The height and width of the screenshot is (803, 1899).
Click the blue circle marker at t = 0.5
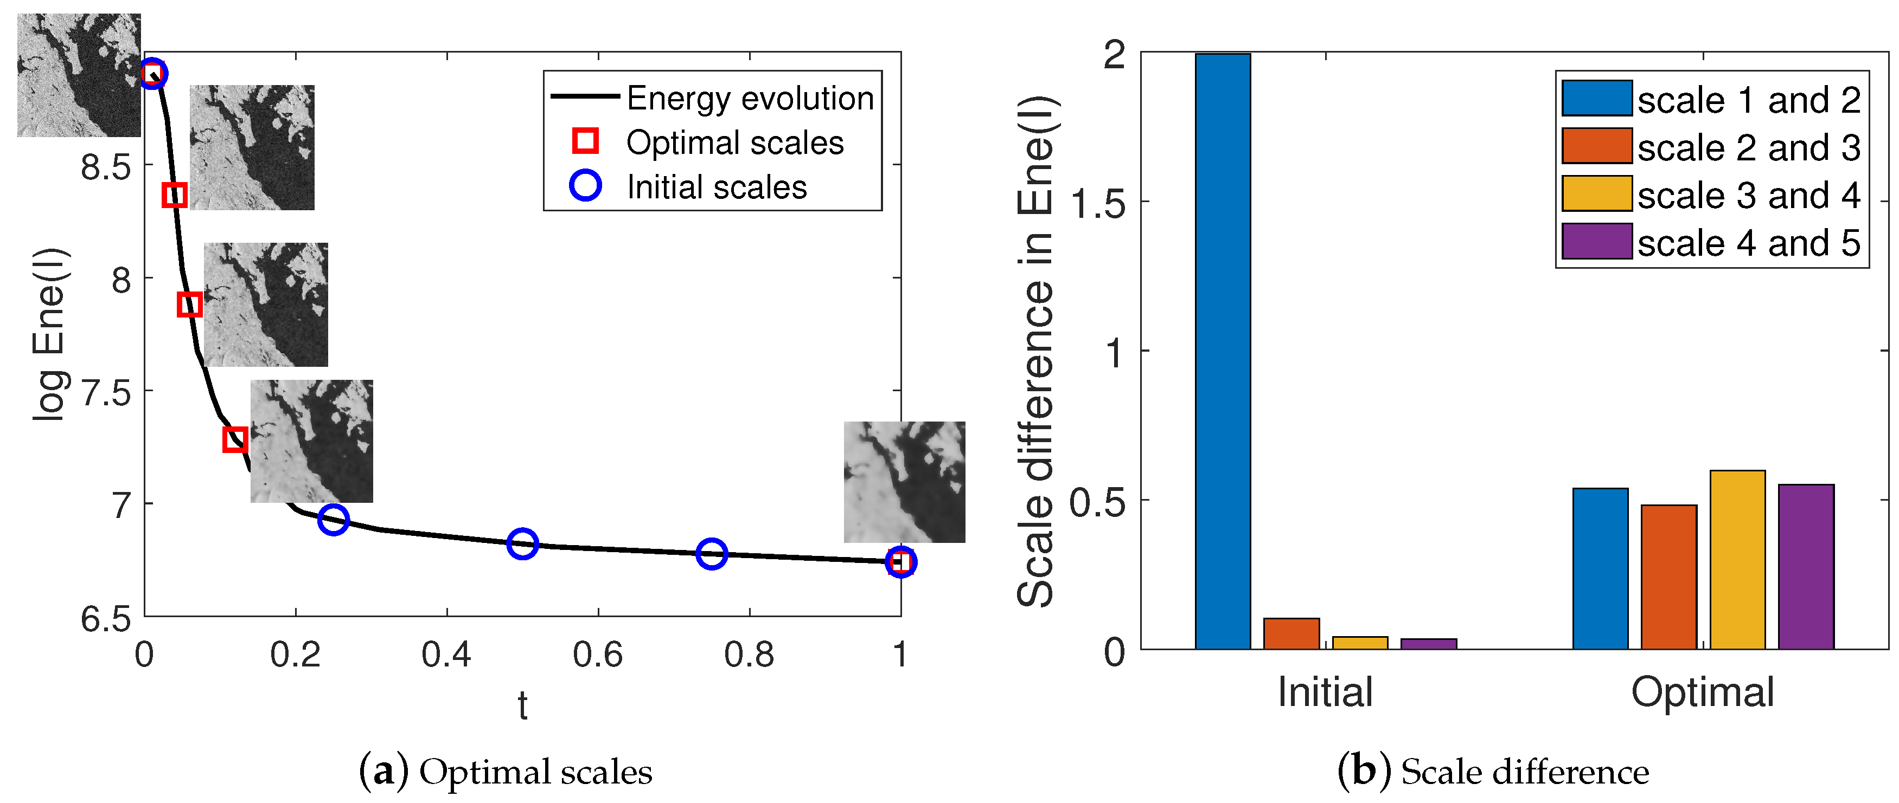pyautogui.click(x=522, y=543)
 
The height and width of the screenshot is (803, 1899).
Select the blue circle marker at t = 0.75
pyautogui.click(x=712, y=553)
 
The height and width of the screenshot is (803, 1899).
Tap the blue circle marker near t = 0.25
pyautogui.click(x=333, y=520)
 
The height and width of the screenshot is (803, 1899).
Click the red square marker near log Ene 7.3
pyautogui.click(x=234, y=440)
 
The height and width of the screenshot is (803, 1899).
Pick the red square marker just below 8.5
pyautogui.click(x=174, y=195)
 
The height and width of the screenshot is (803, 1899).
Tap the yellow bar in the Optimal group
pyautogui.click(x=1737, y=560)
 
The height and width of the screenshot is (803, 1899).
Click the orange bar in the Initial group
pyautogui.click(x=1291, y=633)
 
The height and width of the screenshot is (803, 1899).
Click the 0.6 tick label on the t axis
pyautogui.click(x=597, y=654)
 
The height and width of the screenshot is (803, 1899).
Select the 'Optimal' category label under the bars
pyautogui.click(x=1702, y=692)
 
